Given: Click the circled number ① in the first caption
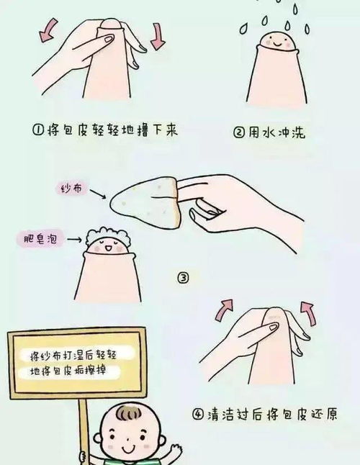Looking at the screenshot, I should [x=38, y=132].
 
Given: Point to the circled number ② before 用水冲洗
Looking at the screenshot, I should [x=240, y=132].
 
